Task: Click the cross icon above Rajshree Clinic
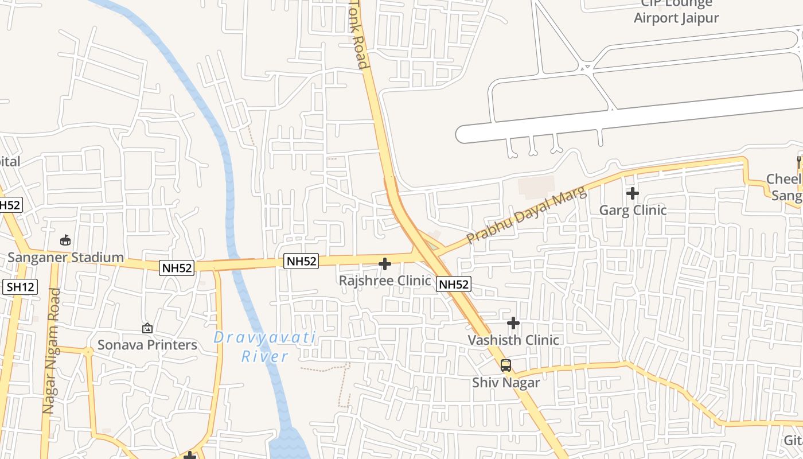click(x=385, y=264)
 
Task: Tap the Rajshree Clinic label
click(x=385, y=281)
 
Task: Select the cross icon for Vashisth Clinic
click(x=513, y=323)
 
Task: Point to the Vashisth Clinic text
click(x=513, y=340)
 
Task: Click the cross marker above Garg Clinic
click(x=633, y=193)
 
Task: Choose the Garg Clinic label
click(x=633, y=210)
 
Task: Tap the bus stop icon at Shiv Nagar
click(x=506, y=365)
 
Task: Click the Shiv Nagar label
click(x=506, y=382)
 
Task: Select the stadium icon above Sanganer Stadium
click(x=65, y=240)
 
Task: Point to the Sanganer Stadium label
click(x=65, y=257)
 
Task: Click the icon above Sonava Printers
click(x=147, y=328)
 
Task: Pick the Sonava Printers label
click(x=147, y=345)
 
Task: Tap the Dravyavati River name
click(x=265, y=347)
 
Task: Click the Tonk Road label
click(x=358, y=34)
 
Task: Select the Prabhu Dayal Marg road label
click(x=527, y=216)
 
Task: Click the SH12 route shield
click(x=20, y=287)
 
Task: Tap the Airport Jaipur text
click(x=676, y=18)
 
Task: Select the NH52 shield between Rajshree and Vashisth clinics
click(x=454, y=284)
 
